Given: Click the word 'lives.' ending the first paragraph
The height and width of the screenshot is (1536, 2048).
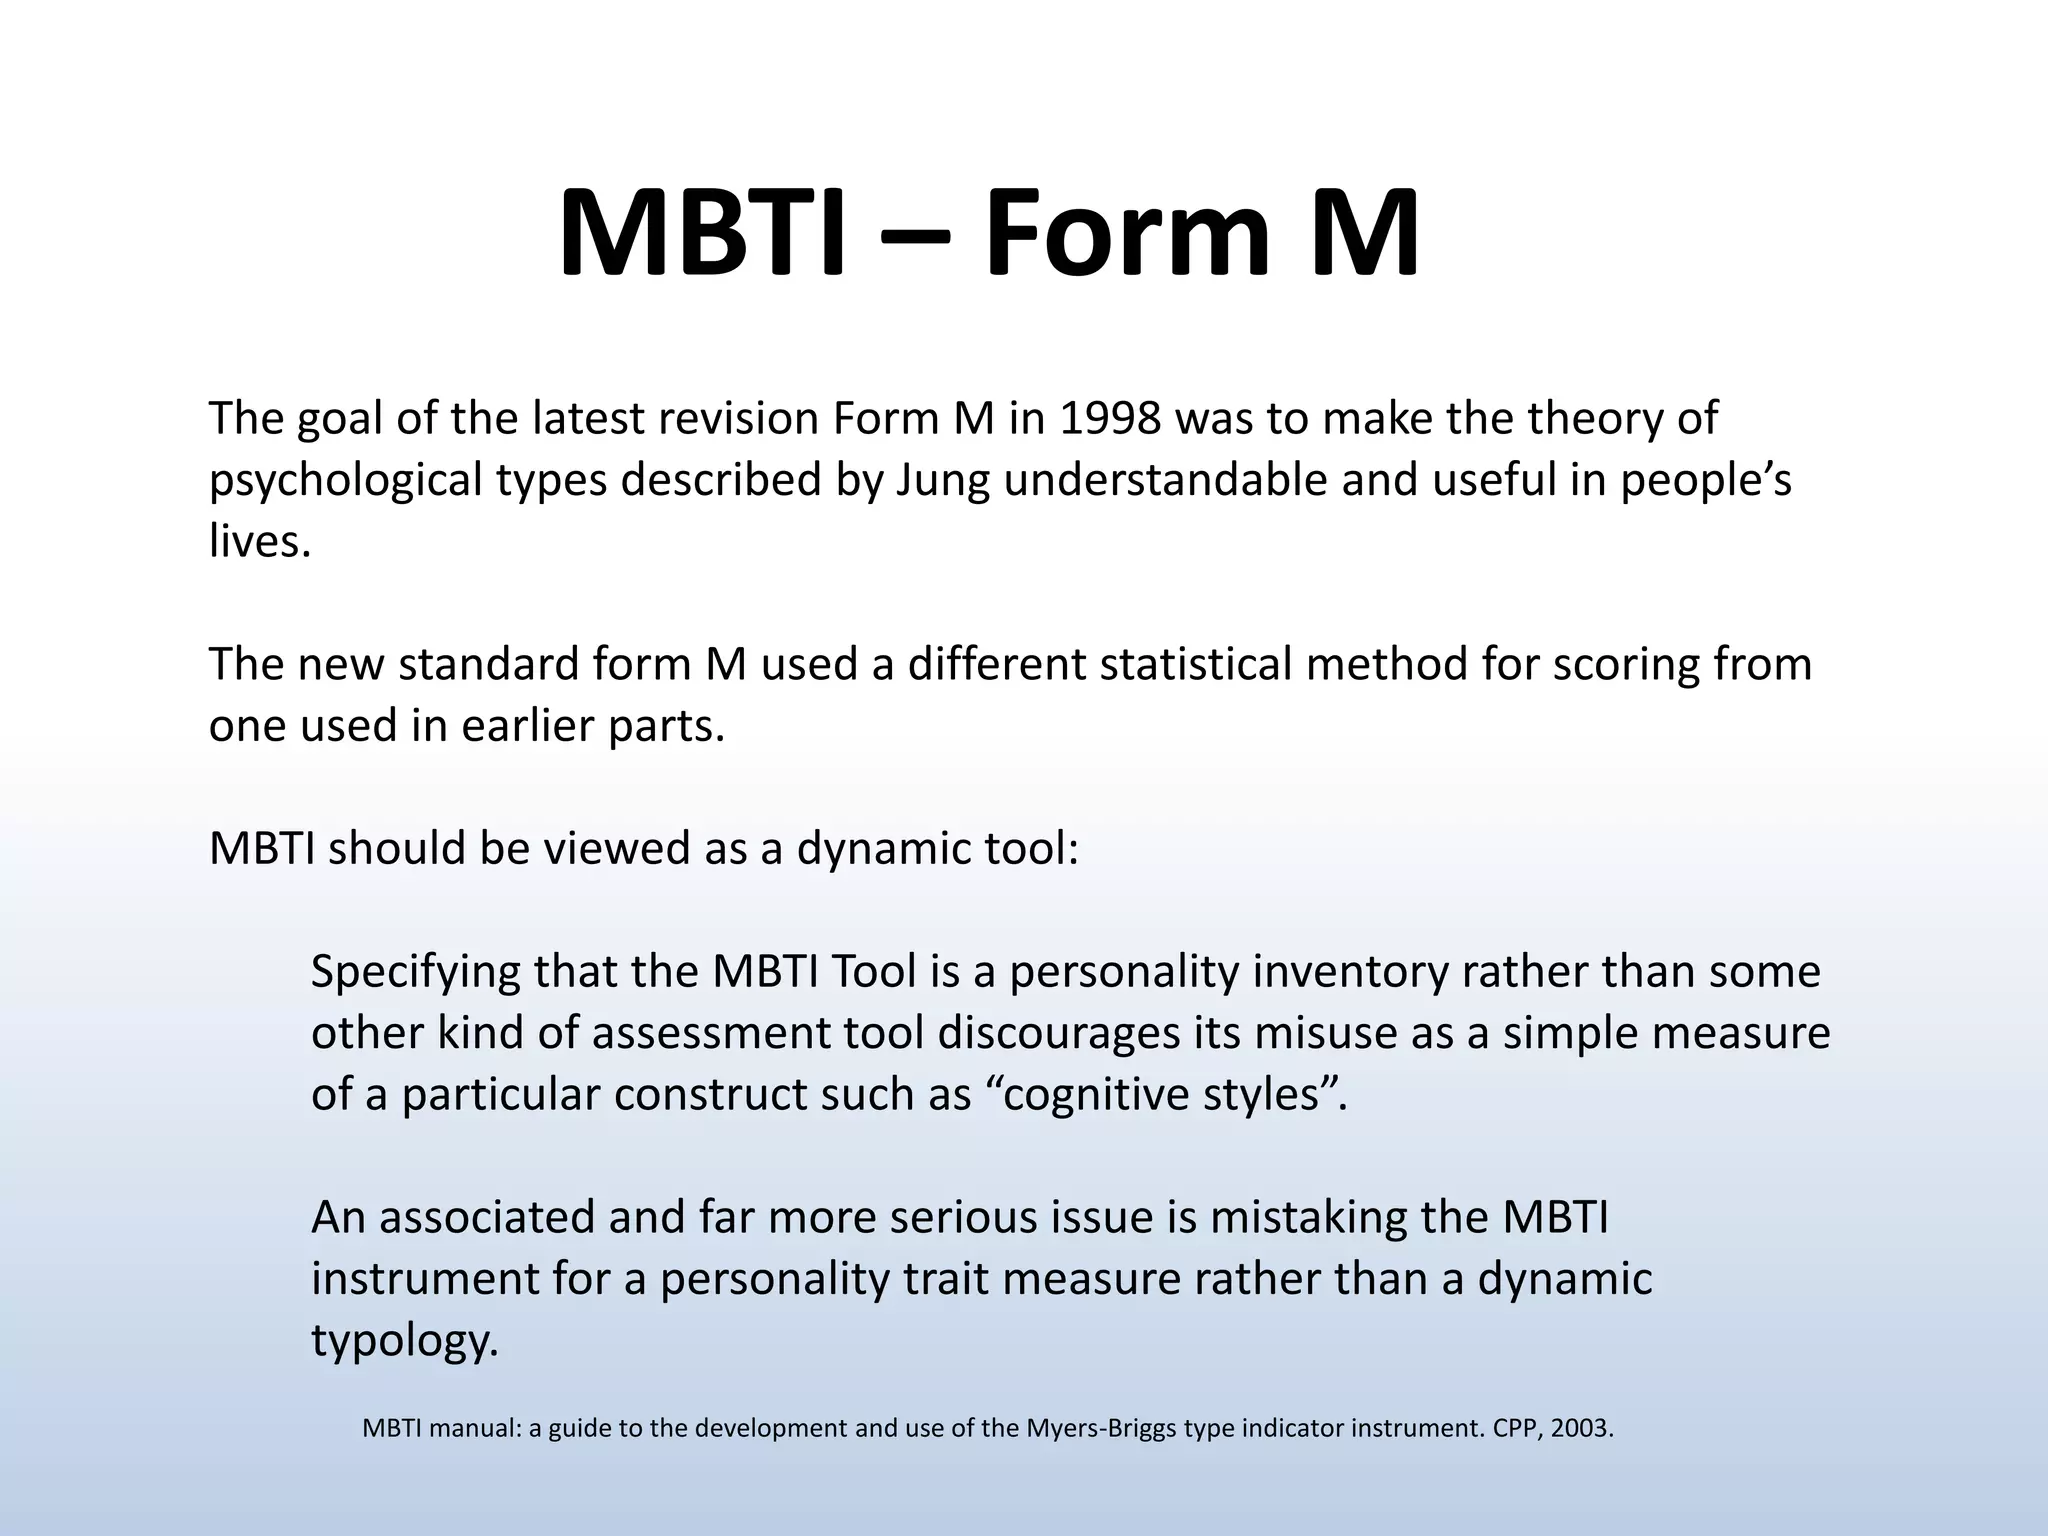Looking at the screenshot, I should [x=260, y=542].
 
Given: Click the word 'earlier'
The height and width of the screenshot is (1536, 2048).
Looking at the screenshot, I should [x=528, y=726].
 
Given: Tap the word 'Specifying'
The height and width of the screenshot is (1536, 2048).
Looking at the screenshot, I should [x=415, y=972].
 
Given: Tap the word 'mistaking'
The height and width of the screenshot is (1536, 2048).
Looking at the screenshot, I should [x=1313, y=1218].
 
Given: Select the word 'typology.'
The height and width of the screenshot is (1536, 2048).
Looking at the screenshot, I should [x=404, y=1341].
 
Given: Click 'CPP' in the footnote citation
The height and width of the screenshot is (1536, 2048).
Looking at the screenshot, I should [x=1515, y=1429].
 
